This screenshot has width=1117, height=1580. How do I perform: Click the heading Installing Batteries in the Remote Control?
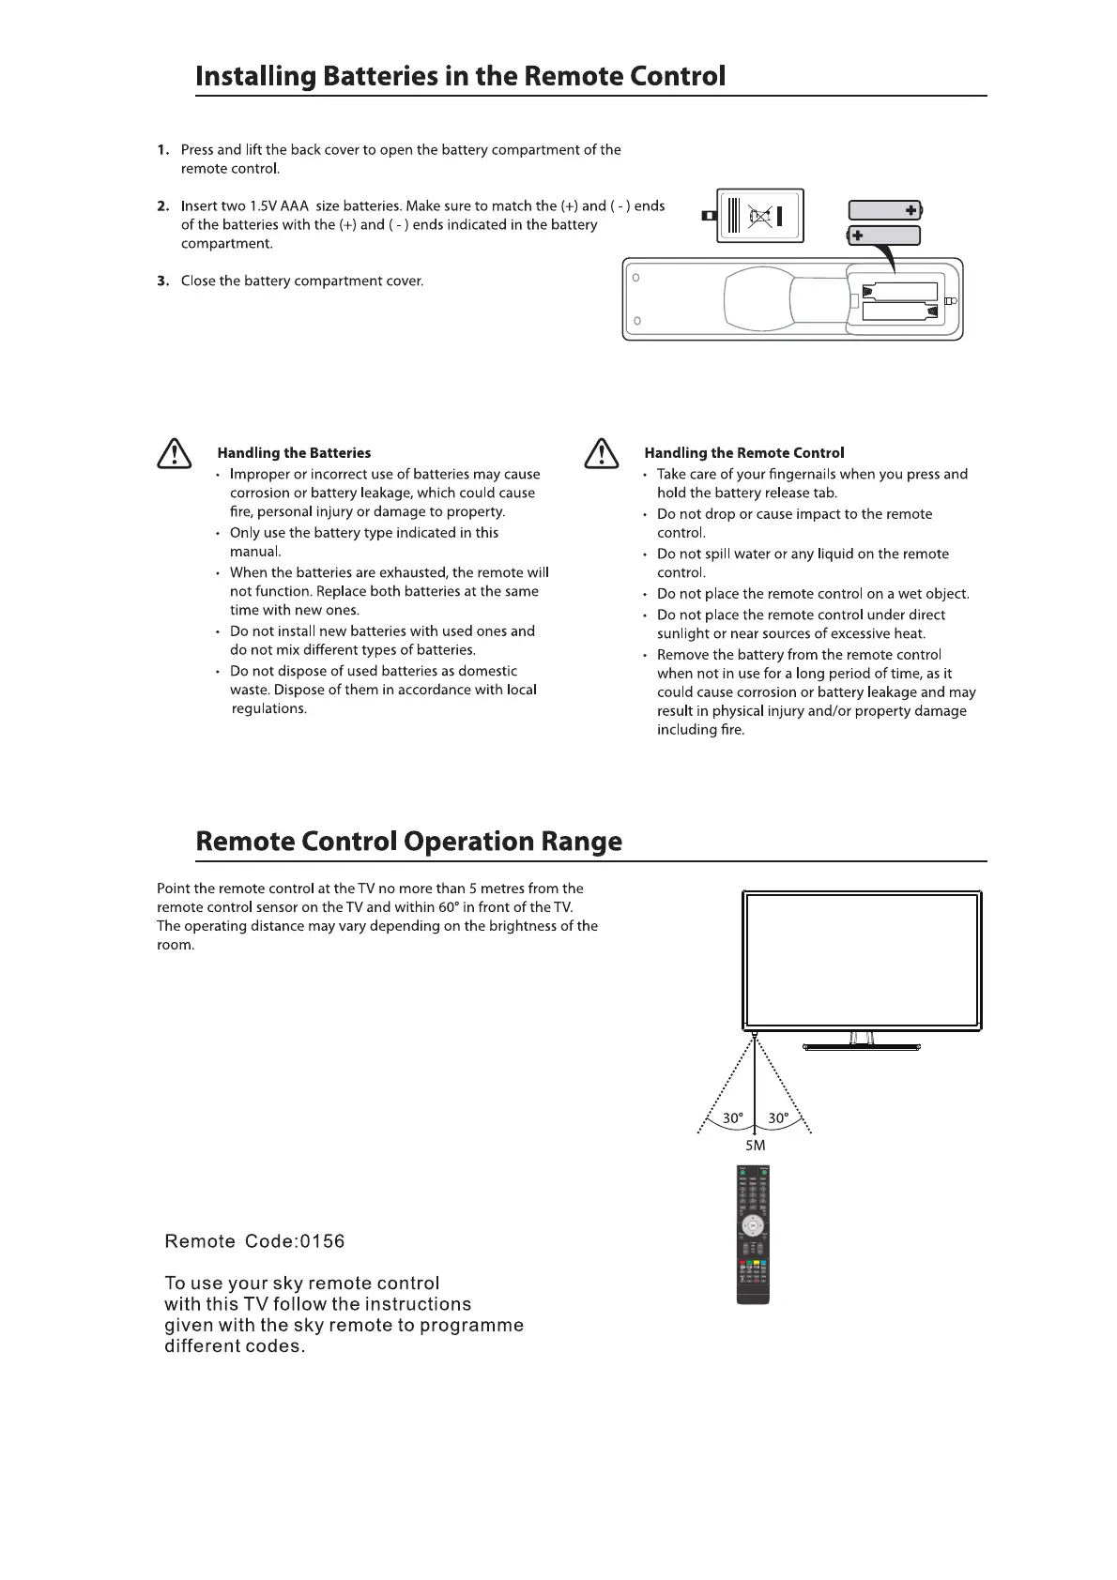coord(460,76)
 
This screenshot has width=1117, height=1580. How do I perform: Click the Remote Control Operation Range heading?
coord(408,841)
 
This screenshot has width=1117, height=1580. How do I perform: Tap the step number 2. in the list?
coord(163,206)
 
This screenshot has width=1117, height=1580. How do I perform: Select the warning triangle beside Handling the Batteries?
coord(173,454)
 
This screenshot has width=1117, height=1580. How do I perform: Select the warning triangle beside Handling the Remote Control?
coord(600,454)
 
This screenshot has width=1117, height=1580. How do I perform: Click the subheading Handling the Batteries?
coord(294,453)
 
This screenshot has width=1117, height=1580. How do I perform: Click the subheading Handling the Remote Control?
coord(743,453)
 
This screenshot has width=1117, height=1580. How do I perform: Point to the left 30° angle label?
coord(733,1118)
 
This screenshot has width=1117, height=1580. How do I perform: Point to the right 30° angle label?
coord(778,1118)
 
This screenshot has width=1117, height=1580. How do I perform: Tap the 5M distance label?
coord(755,1146)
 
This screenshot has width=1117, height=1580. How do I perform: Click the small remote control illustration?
coord(753,1233)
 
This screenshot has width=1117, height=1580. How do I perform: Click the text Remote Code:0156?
coord(254,1242)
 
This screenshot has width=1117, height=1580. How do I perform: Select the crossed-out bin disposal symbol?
coord(760,217)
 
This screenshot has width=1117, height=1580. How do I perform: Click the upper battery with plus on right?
coord(884,210)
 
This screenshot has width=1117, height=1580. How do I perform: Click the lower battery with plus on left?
coord(883,235)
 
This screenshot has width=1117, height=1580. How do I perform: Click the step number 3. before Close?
coord(163,281)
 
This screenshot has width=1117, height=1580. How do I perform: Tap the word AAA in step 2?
coord(295,206)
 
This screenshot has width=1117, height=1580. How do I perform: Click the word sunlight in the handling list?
coord(683,634)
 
